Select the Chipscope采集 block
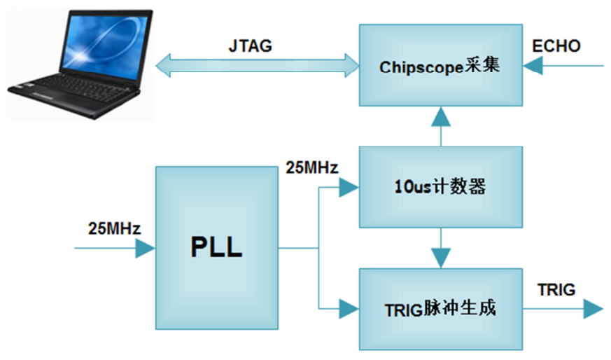[x=440, y=66]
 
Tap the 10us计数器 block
[x=440, y=187]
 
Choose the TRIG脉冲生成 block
[x=440, y=308]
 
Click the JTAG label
[x=250, y=46]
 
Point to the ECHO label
[x=556, y=46]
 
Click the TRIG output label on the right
[x=556, y=289]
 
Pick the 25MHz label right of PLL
[x=312, y=168]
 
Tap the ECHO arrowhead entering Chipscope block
[x=533, y=67]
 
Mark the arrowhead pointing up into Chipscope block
[x=440, y=116]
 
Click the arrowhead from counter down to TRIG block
[x=440, y=258]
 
